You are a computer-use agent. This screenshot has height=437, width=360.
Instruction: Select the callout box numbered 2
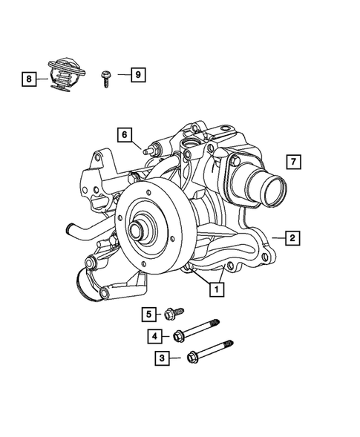[294, 238]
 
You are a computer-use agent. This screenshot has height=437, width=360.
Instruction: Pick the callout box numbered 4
[154, 336]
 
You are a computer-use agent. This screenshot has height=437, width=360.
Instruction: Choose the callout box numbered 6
[124, 134]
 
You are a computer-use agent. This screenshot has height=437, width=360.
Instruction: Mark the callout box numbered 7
[294, 161]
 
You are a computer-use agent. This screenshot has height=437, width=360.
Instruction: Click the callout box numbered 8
[28, 76]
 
